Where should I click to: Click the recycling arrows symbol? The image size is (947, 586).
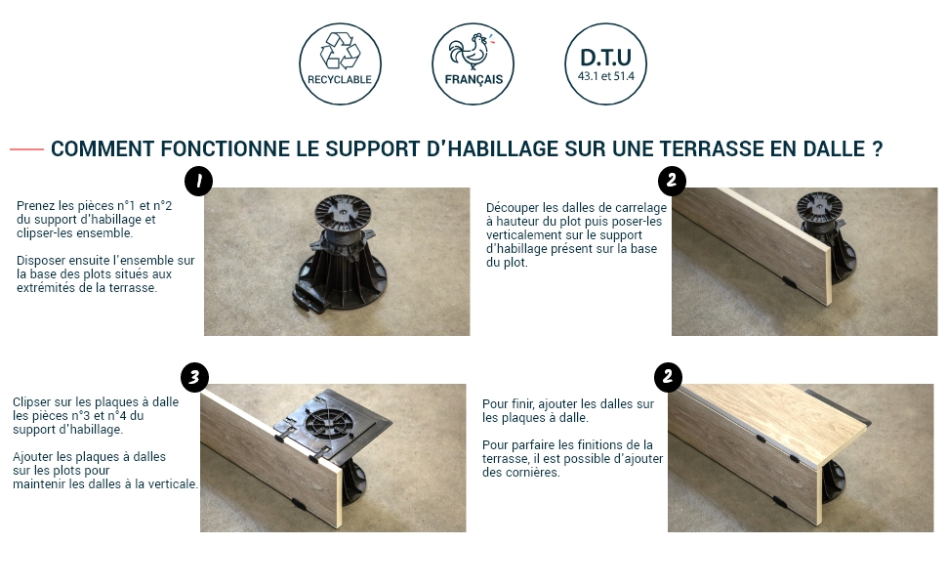tap(340, 51)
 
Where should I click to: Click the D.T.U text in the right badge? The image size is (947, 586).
tap(605, 58)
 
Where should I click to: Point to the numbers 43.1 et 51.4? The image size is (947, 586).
tap(605, 76)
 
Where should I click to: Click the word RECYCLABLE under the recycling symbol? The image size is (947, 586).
tap(340, 80)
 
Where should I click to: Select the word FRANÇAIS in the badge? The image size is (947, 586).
tap(473, 80)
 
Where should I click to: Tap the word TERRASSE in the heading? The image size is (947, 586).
tap(712, 148)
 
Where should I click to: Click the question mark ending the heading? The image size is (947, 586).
tap(878, 148)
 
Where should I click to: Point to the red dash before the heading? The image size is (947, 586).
tap(26, 148)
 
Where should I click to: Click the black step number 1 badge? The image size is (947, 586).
tap(199, 181)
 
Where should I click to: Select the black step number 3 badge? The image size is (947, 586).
tap(194, 378)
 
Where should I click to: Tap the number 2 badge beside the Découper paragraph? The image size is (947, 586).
tap(672, 181)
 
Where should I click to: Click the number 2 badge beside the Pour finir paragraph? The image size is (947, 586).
tap(668, 378)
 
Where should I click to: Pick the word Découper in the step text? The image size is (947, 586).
tap(513, 208)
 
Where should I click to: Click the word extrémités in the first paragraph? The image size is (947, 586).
tap(44, 287)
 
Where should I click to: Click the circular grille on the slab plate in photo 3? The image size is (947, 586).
tap(329, 419)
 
